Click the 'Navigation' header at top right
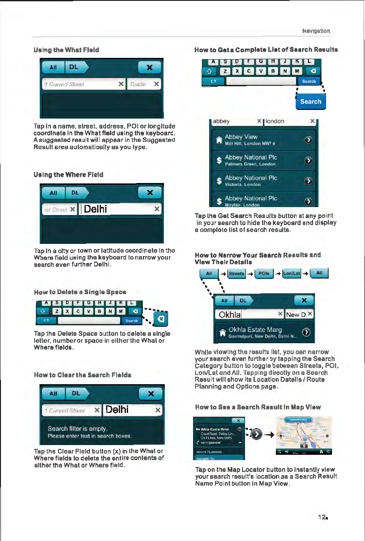(316, 31)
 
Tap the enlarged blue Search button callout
(311, 101)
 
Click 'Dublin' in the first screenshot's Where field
(138, 84)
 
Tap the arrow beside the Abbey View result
(308, 140)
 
